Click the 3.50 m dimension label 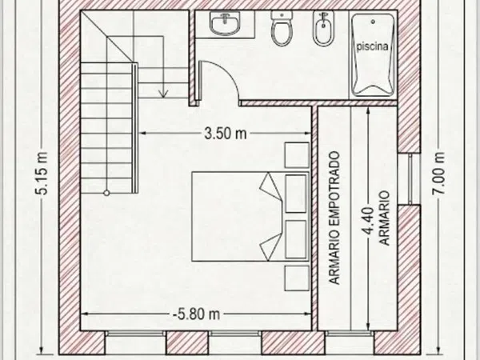[226, 134]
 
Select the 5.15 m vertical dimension [42, 174]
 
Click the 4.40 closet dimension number [369, 221]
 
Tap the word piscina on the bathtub [372, 46]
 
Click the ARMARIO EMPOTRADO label [334, 218]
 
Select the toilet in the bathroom [282, 28]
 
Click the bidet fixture [323, 28]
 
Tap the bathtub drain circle [373, 22]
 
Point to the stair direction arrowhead [163, 94]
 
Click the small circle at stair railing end [106, 193]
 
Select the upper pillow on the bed [270, 187]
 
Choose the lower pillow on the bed [270, 246]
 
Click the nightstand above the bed [297, 155]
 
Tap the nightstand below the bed [297, 278]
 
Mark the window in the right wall [410, 178]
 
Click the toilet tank [282, 16]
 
